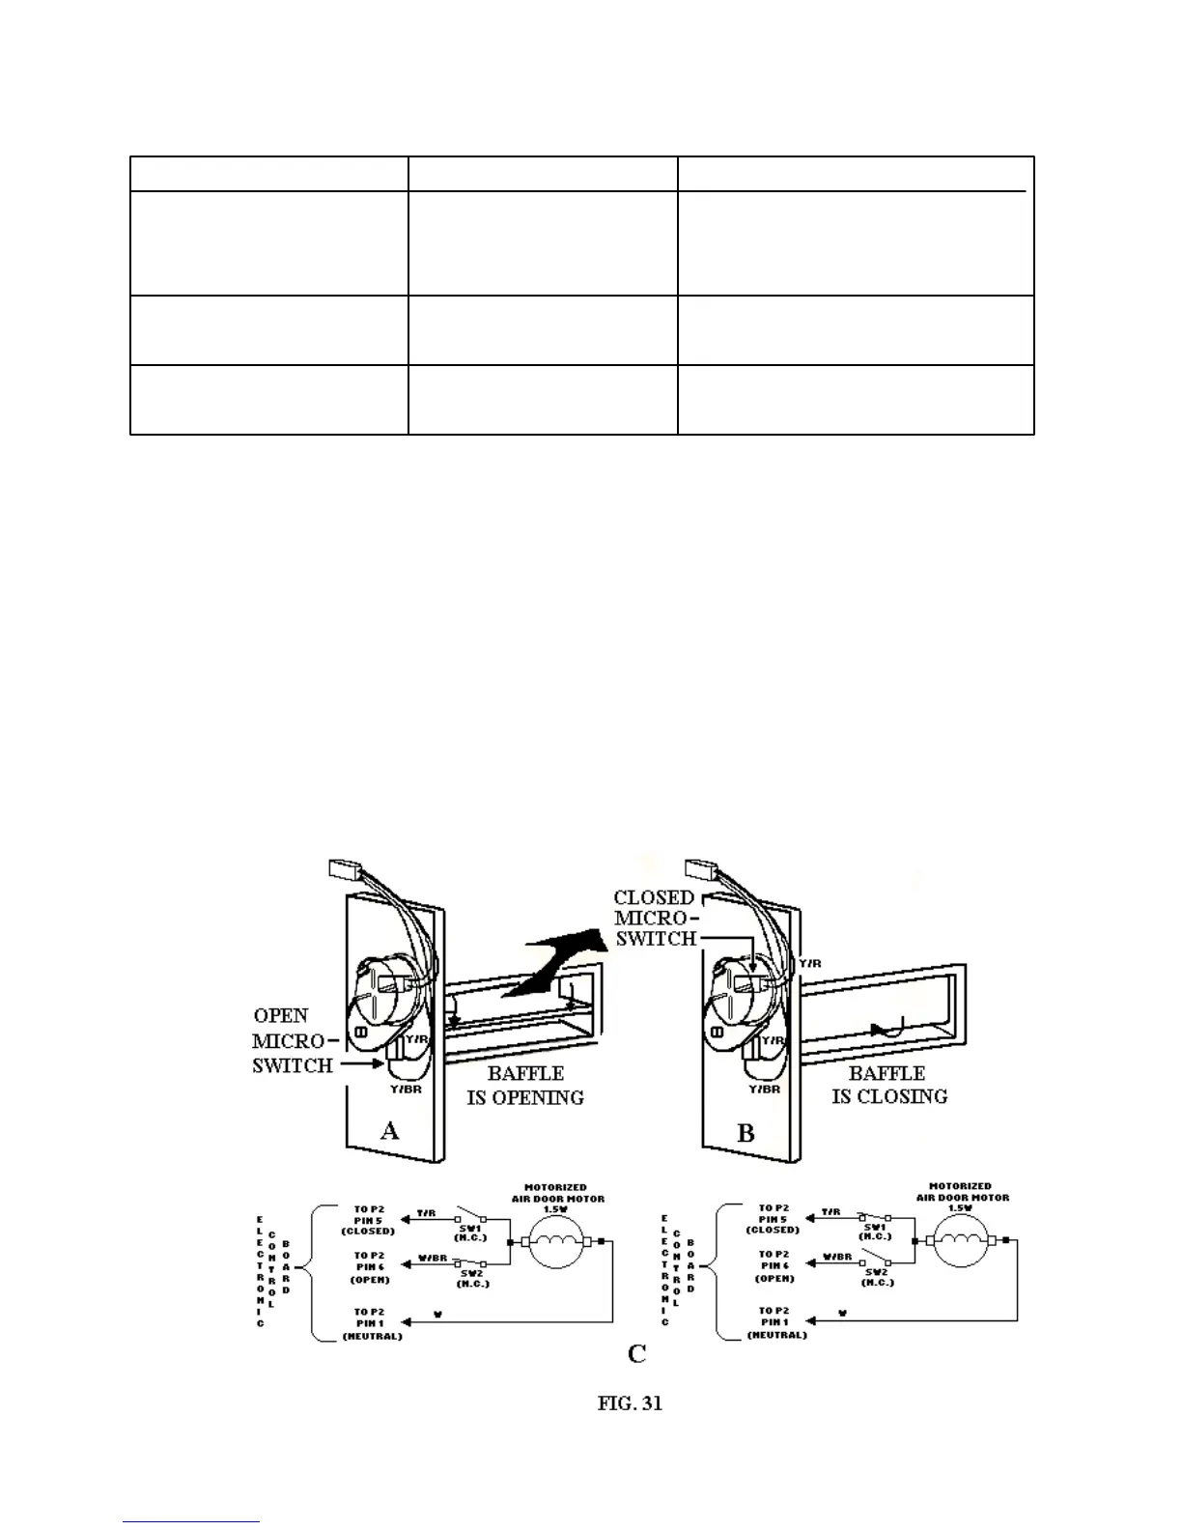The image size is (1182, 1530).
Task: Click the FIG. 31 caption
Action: click(x=630, y=1403)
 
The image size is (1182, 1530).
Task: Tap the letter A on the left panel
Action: click(x=389, y=1130)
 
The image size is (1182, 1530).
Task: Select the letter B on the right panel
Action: click(x=746, y=1133)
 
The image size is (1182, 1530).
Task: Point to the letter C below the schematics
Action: click(x=636, y=1354)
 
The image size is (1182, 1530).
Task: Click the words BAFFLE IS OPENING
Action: click(x=525, y=1086)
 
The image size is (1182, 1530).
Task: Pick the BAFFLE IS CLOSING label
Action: click(x=888, y=1085)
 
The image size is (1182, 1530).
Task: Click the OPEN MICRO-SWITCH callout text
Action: click(x=293, y=1040)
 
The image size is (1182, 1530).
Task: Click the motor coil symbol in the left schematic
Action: click(x=563, y=1242)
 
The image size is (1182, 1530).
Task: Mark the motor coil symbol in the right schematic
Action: click(x=967, y=1241)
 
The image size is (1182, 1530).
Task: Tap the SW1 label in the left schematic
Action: click(x=471, y=1227)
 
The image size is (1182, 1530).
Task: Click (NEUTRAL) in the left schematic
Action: click(x=373, y=1336)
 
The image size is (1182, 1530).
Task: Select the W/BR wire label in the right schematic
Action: click(x=837, y=1258)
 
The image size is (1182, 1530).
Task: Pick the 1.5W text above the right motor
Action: click(x=962, y=1207)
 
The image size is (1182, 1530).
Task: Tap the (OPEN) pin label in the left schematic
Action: click(x=370, y=1280)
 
